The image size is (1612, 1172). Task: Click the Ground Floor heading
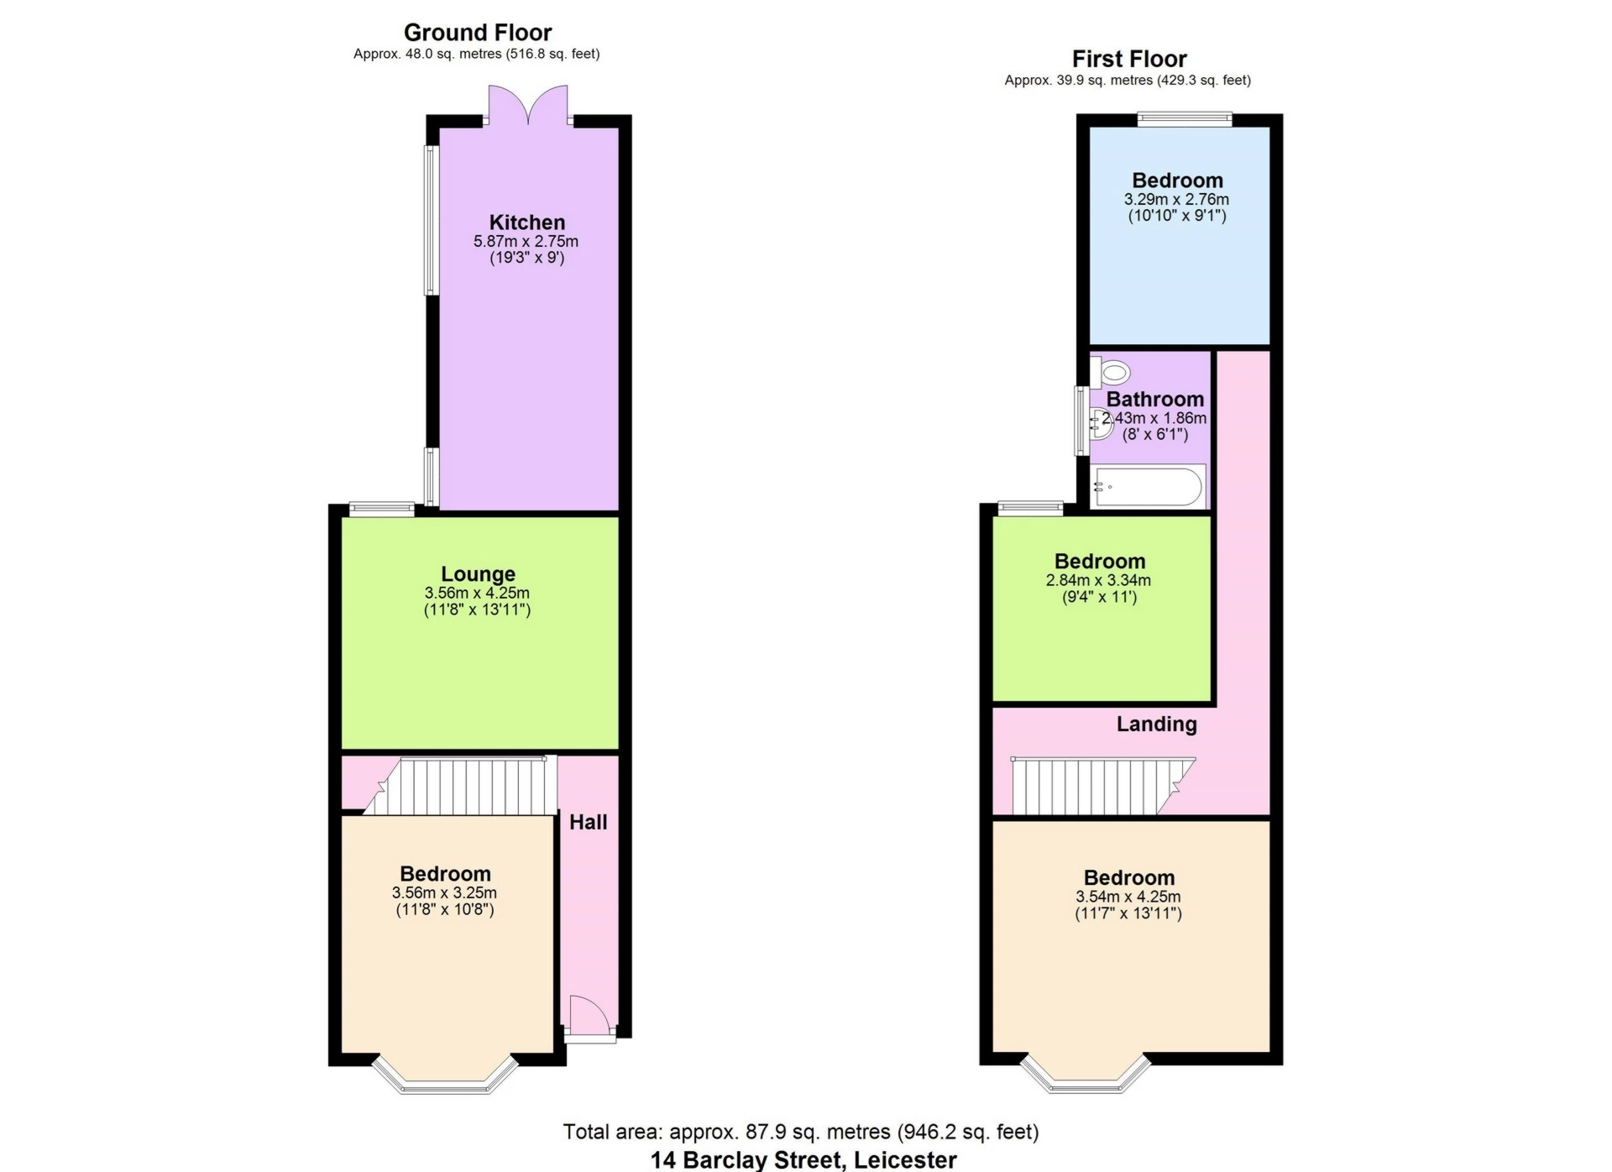[477, 33]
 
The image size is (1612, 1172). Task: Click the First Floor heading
[1128, 60]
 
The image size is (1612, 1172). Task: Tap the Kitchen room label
[526, 222]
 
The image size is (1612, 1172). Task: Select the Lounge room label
[478, 574]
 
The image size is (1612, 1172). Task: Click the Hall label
[588, 822]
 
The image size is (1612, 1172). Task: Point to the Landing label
[1156, 725]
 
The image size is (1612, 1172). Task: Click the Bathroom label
[1154, 400]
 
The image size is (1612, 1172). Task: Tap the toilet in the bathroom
[1112, 372]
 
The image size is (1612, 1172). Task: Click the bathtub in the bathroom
[1148, 487]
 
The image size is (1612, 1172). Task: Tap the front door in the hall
[589, 1018]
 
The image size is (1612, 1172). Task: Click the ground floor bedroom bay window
[444, 1079]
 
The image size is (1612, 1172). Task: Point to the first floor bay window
[1086, 1079]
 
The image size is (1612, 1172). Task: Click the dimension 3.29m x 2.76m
[1176, 200]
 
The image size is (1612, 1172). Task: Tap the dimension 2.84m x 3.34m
[1098, 581]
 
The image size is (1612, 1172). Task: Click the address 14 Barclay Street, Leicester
[803, 1160]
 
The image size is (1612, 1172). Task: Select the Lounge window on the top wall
[382, 507]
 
